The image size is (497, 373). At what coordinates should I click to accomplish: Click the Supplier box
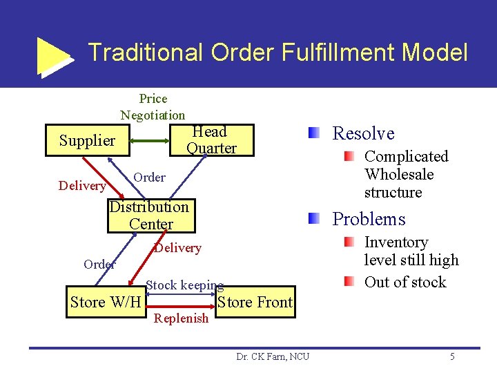tap(87, 141)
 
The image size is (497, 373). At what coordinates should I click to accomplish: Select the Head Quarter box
tap(211, 140)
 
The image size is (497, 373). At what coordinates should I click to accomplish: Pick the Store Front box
tap(255, 302)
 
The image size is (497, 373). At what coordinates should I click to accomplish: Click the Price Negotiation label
tap(153, 107)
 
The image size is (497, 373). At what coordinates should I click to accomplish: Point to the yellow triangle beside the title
tap(54, 55)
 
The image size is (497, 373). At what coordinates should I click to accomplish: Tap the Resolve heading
tap(363, 133)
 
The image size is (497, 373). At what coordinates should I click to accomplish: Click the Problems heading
tap(369, 219)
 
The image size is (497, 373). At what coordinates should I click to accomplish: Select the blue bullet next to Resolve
tap(314, 133)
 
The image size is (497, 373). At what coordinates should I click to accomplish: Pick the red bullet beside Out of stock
tap(350, 281)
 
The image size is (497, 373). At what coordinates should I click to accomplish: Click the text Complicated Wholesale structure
tap(406, 174)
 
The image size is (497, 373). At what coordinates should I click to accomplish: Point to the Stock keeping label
tap(184, 285)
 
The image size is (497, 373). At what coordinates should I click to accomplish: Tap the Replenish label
tap(181, 318)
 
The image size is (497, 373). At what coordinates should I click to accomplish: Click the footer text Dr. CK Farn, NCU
tap(273, 356)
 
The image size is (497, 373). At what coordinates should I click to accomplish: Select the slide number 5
tap(452, 356)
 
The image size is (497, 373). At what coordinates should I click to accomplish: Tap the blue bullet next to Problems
tap(314, 218)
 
